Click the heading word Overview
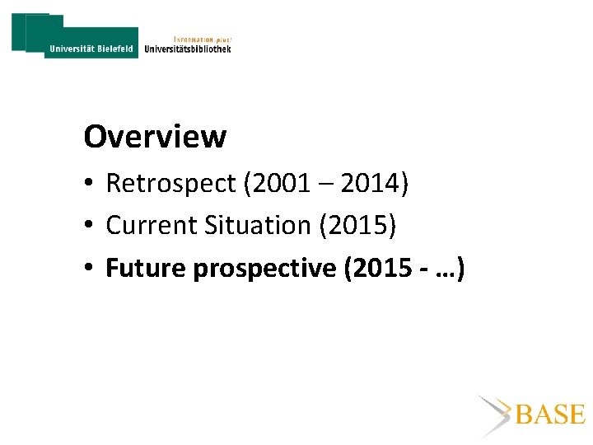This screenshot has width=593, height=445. point(155,137)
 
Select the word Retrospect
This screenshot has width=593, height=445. point(170,183)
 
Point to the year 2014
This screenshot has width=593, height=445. point(368,183)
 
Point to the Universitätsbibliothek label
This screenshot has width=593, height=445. point(188,49)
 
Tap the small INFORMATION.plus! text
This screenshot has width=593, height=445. point(203,38)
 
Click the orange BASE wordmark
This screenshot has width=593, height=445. point(549,415)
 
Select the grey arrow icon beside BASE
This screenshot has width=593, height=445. point(494,415)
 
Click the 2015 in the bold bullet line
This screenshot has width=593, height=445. point(382,268)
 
